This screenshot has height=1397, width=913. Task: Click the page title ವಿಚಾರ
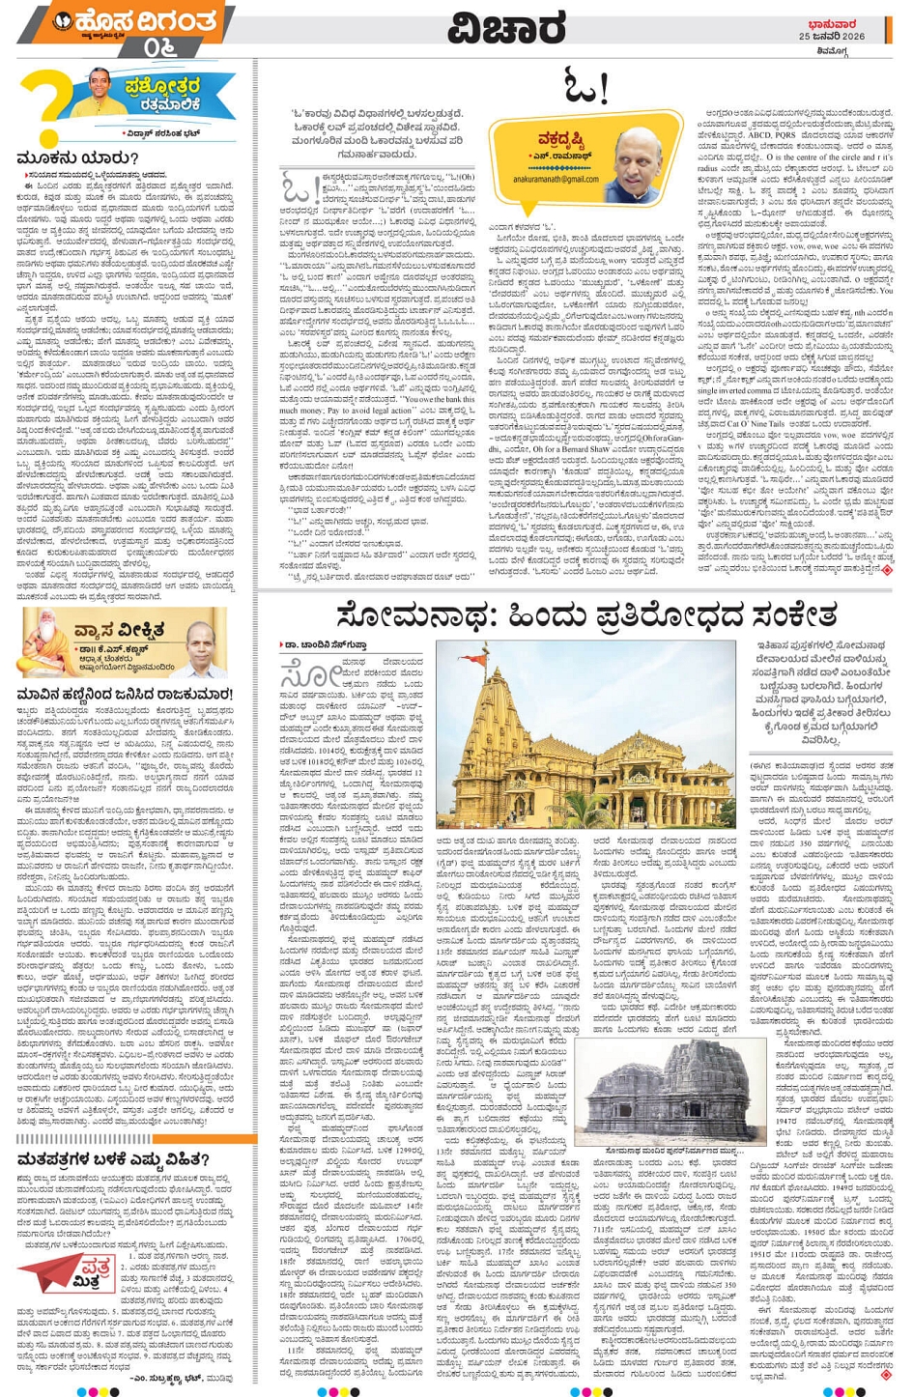click(505, 29)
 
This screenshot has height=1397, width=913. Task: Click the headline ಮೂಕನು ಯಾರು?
click(77, 157)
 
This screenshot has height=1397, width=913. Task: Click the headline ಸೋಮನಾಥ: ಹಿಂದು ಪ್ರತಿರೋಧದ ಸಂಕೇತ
click(585, 615)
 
